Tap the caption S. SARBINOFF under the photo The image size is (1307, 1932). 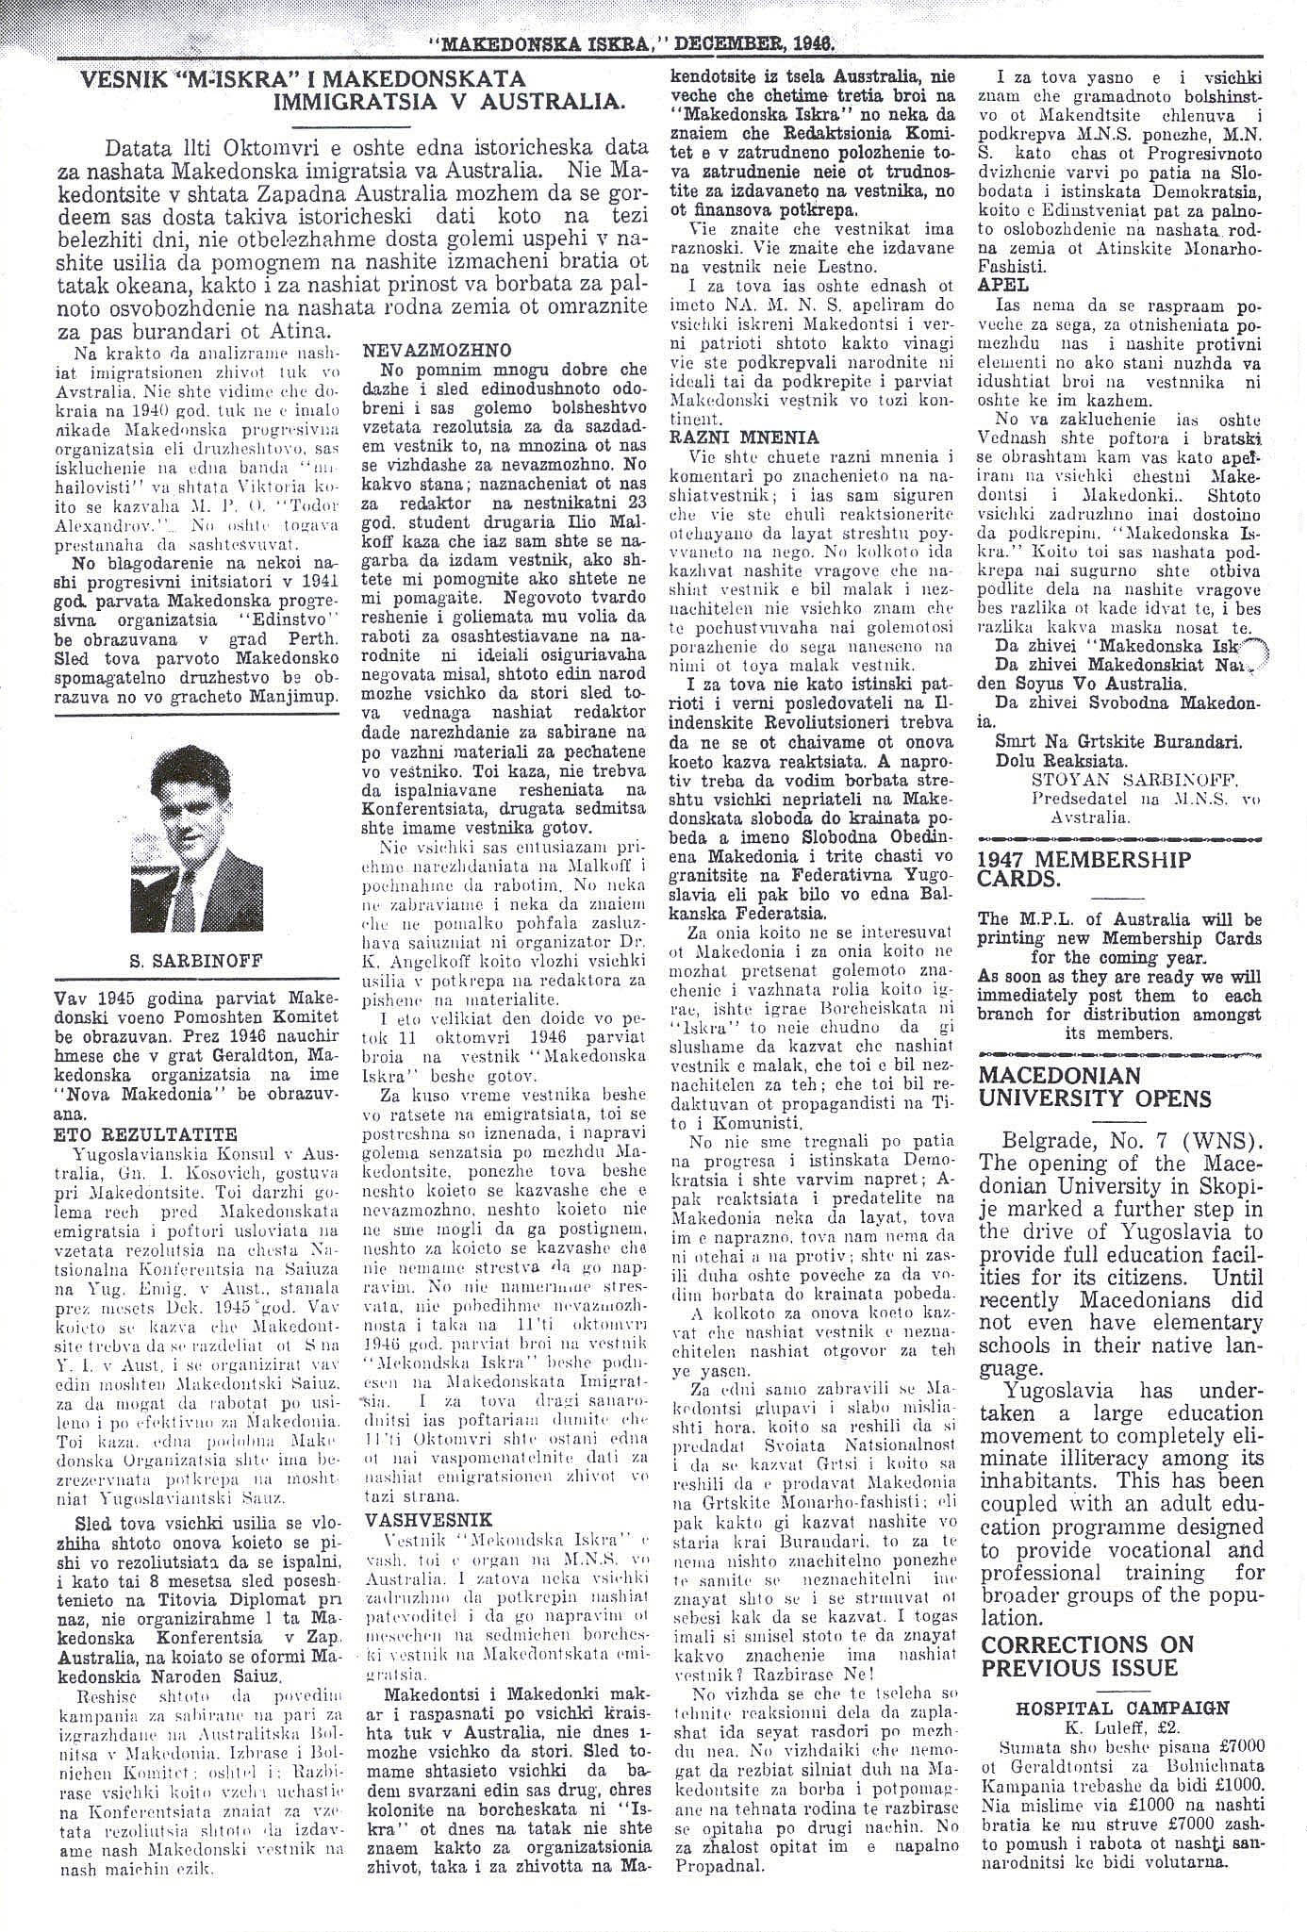pos(196,962)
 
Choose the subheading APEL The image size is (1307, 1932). pos(1003,284)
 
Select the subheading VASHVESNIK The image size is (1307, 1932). pos(413,1520)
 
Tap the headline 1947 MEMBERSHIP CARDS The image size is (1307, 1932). pos(1085,869)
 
